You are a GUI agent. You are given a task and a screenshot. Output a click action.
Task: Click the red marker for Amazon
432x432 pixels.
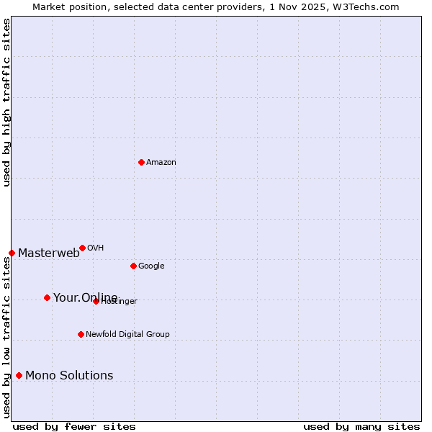[141, 162]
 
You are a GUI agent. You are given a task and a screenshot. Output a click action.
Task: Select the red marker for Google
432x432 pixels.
[133, 266]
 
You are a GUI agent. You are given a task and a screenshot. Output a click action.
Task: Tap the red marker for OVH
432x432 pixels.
[82, 248]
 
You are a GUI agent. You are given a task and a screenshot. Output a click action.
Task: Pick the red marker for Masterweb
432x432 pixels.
[12, 253]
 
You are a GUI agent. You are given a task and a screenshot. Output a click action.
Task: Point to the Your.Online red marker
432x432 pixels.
[47, 297]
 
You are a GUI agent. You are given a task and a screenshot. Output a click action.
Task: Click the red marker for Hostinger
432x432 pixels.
[96, 301]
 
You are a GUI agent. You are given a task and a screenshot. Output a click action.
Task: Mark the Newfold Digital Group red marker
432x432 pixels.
[81, 334]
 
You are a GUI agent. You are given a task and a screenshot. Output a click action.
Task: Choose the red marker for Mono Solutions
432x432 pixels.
[19, 375]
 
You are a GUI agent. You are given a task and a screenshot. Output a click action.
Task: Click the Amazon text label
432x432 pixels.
[161, 162]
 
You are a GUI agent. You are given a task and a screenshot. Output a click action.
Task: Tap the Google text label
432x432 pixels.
[151, 266]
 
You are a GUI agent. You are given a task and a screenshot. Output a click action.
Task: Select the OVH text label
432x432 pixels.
[96, 248]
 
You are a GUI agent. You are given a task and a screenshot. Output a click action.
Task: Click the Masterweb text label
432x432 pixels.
[49, 253]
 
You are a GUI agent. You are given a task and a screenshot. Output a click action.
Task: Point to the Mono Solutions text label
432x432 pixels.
[69, 375]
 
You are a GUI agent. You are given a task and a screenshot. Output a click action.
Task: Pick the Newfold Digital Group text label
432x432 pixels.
[127, 334]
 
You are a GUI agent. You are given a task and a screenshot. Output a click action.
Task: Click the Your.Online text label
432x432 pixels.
[85, 297]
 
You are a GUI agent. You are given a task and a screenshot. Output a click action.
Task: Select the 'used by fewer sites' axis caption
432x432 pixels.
[74, 426]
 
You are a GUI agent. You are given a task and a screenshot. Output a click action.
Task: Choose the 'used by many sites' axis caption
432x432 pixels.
[361, 426]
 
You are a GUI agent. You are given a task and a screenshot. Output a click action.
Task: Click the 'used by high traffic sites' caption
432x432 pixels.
[6, 102]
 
